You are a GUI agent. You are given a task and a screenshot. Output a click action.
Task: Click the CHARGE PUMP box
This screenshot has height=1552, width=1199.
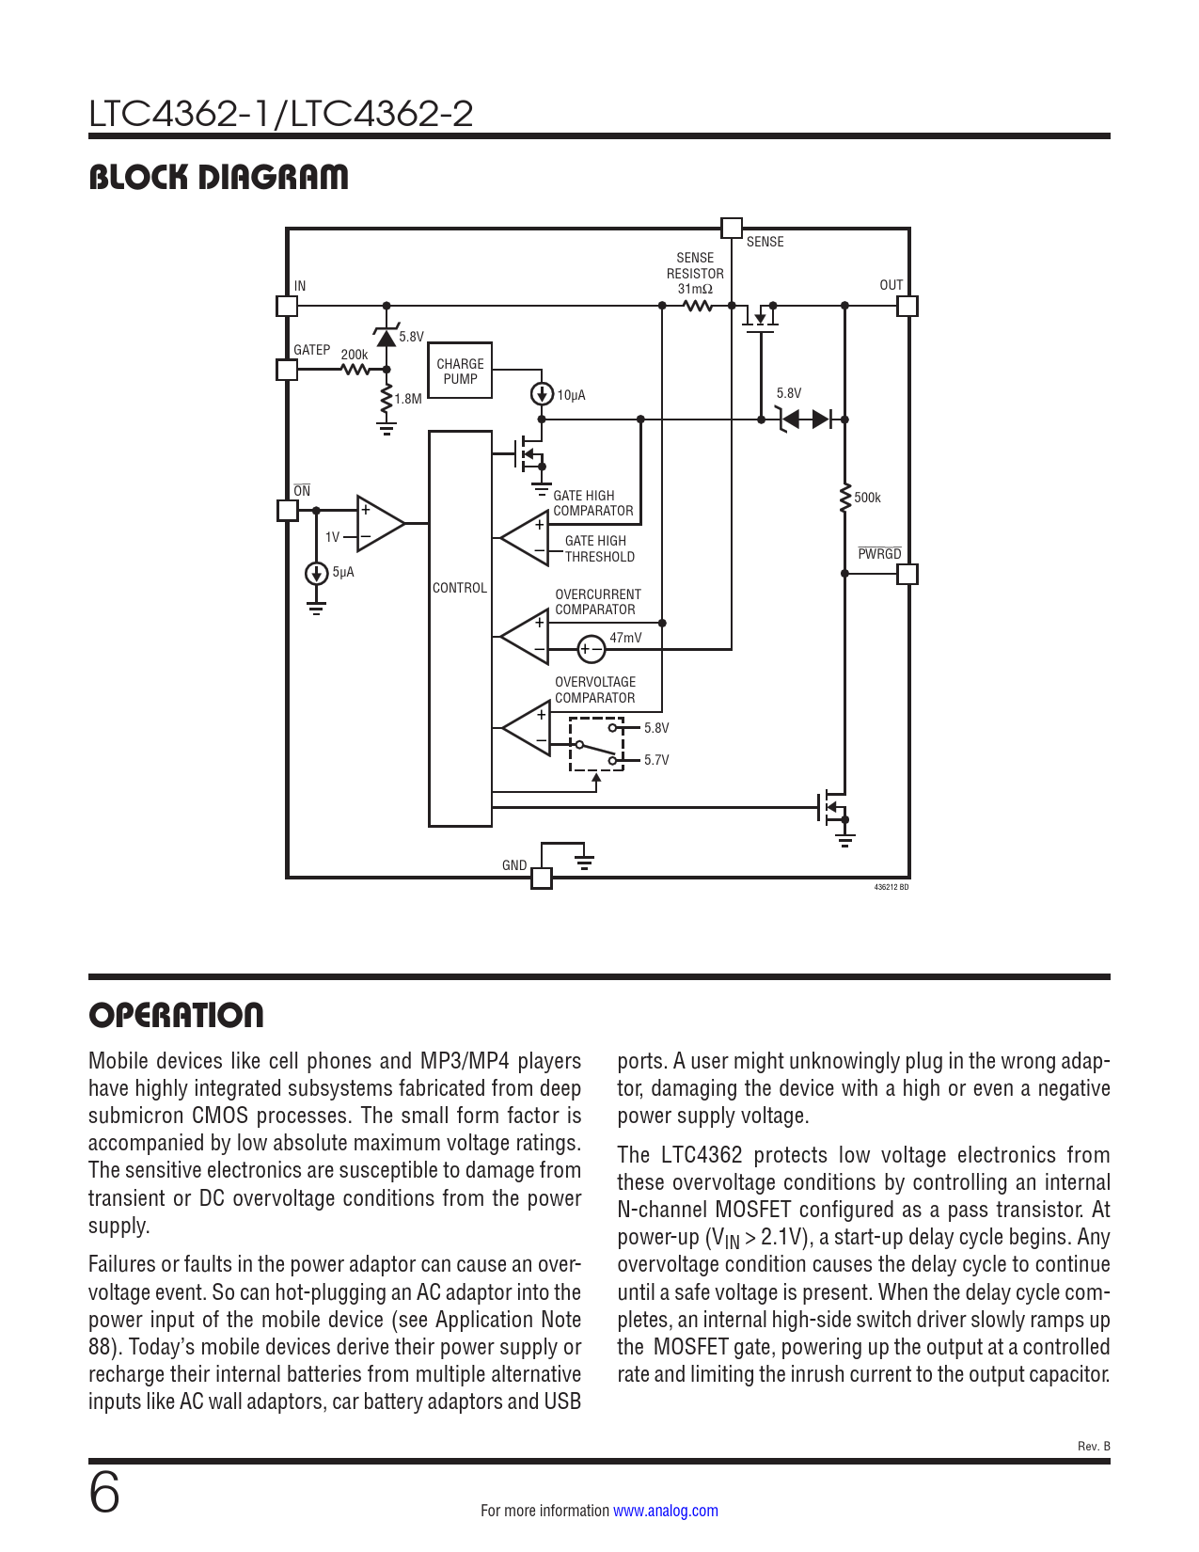coord(460,371)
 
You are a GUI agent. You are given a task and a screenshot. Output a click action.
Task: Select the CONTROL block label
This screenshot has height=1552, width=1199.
coord(460,588)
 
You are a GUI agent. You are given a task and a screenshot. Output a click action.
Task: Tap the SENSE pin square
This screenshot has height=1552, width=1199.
coord(731,228)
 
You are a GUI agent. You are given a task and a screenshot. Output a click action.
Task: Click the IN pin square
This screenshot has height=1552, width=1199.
coord(287,306)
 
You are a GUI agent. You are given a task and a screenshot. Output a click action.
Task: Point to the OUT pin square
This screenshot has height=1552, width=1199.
coord(907,306)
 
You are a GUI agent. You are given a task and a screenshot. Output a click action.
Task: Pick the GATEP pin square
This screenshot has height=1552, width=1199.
coord(287,370)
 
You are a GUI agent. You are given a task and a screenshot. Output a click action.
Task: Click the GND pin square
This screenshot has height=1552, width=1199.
coord(542,878)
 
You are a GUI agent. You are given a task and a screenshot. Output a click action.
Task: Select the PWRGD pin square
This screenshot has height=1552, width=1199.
coord(907,573)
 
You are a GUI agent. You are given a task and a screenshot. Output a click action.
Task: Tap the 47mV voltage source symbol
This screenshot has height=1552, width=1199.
coord(591,649)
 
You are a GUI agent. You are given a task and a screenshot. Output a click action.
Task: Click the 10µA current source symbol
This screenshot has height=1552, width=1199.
coord(542,394)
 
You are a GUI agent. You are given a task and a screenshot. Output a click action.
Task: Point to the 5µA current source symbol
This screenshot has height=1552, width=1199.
coord(317,573)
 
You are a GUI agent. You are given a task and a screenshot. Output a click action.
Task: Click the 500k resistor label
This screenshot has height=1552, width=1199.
coord(868,498)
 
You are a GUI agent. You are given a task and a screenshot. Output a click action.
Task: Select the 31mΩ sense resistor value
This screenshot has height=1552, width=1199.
coord(695,290)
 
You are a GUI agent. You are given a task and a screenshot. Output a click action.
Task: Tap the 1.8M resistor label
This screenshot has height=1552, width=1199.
coord(408,399)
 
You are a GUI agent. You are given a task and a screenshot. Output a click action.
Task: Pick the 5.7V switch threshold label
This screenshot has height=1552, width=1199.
coord(656,760)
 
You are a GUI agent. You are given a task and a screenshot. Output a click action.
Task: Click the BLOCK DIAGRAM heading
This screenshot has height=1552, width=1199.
coord(218,177)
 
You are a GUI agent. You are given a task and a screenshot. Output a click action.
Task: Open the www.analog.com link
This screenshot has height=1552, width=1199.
coord(665,1511)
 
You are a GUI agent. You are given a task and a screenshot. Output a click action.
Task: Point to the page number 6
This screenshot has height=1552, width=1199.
coord(104,1493)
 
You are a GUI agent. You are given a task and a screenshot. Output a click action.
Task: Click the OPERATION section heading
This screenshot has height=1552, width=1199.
coord(176,1015)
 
